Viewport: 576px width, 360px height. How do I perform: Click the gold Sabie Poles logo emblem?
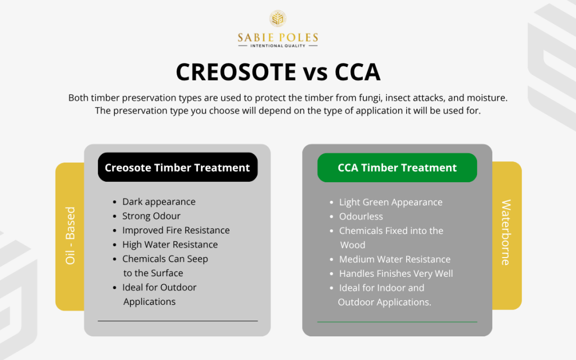point(277,19)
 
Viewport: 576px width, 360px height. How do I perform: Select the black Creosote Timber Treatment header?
point(177,167)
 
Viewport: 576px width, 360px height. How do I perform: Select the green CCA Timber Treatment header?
point(397,168)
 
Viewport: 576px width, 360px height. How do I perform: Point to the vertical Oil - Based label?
point(70,236)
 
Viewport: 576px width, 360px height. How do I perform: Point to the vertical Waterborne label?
point(506,232)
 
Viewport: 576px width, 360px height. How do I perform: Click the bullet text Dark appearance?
point(159,201)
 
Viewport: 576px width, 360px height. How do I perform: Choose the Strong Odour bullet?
point(151,216)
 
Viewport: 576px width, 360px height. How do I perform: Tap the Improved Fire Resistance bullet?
point(175,230)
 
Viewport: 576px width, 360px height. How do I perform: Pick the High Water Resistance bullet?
point(169,245)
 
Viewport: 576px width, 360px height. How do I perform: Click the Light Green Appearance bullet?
point(390,202)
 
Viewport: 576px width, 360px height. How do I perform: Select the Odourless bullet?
point(361,217)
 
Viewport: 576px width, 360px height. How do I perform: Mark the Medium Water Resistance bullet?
point(394,259)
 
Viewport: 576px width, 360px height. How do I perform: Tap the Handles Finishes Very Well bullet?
point(395,273)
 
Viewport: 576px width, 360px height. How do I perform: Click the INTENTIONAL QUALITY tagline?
point(278,46)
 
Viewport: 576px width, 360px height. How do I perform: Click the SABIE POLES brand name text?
point(278,37)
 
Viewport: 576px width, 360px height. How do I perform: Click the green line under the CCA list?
point(397,322)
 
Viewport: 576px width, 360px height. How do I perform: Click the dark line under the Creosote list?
point(178,321)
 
